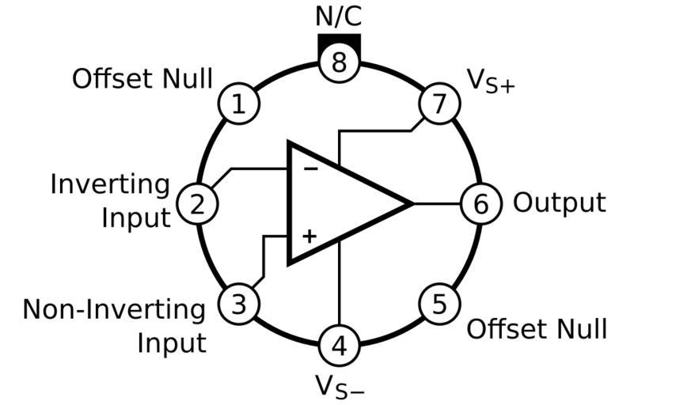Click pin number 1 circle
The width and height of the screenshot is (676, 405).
[238, 104]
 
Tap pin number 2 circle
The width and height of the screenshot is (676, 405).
[197, 204]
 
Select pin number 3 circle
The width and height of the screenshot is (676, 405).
[239, 304]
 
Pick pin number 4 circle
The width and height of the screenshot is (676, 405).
[339, 345]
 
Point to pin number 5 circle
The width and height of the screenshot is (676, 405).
[439, 304]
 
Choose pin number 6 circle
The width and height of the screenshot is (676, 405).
[480, 204]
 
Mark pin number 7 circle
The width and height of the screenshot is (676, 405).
[439, 104]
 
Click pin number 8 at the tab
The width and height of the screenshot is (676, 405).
[339, 62]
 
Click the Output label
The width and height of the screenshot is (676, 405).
[559, 203]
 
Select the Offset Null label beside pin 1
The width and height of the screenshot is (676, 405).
[142, 79]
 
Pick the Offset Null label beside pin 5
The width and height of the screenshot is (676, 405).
[537, 328]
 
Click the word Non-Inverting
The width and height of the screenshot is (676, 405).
[114, 309]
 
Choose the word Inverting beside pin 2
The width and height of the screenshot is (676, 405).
[110, 184]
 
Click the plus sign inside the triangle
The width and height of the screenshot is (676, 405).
[310, 235]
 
